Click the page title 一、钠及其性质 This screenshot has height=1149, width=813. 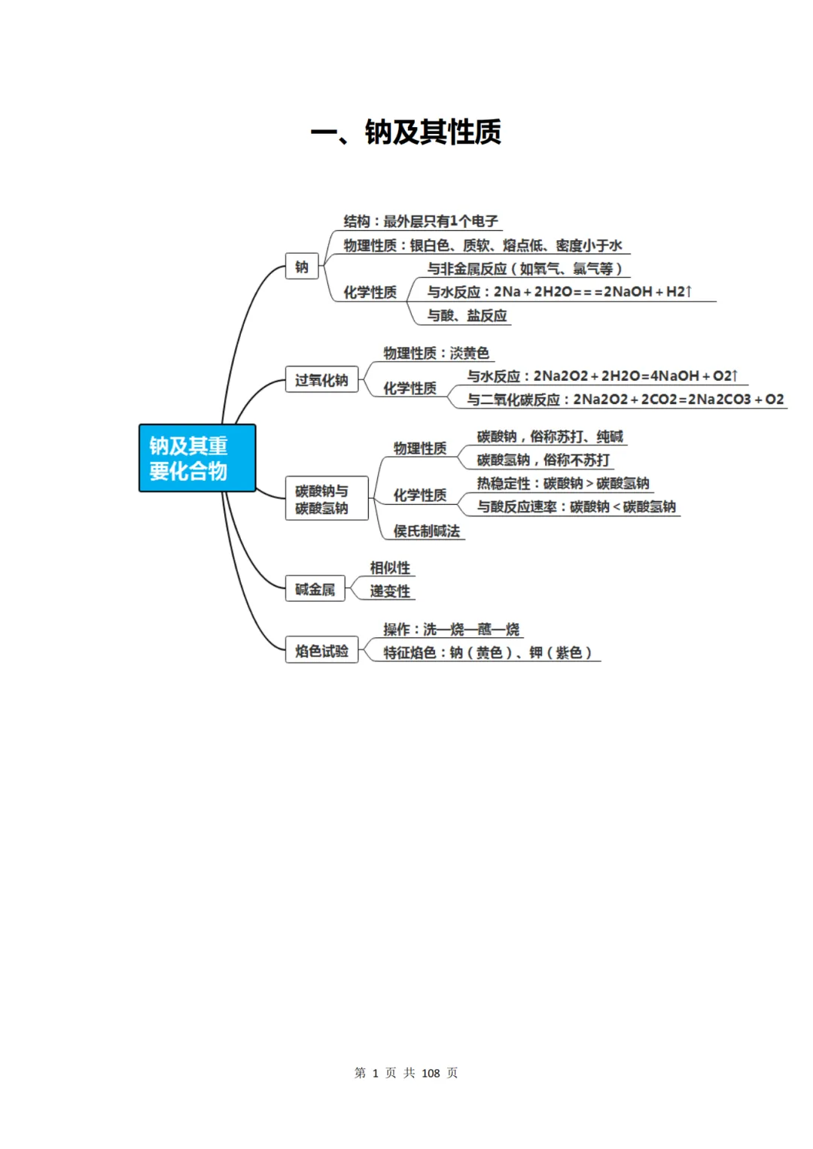pos(406,132)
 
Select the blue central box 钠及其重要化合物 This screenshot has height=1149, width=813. pos(197,458)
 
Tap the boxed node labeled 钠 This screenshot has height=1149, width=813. pos(302,266)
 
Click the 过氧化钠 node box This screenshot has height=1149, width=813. pos(321,379)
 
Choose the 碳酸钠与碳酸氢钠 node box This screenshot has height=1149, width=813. pos(327,499)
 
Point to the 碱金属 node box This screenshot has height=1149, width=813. pos(315,589)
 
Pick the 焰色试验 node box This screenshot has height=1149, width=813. pos(321,650)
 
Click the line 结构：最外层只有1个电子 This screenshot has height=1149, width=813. pos(421,221)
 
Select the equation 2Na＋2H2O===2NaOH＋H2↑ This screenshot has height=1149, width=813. pos(593,292)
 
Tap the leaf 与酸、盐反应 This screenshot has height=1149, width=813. pos(467,315)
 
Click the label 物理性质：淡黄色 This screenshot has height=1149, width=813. pos(437,353)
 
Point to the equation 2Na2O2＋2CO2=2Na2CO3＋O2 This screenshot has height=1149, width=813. pos(678,399)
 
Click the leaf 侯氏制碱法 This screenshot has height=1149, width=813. pos(427,531)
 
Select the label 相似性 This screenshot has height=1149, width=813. pos(390,568)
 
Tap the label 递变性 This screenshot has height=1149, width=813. pos(390,591)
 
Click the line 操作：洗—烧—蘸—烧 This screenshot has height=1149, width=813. pos(451,629)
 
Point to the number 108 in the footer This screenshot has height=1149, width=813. pos(431,1073)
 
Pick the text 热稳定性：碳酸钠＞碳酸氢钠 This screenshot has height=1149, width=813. pos(563,483)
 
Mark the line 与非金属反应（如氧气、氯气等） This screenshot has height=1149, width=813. pos(526,269)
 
